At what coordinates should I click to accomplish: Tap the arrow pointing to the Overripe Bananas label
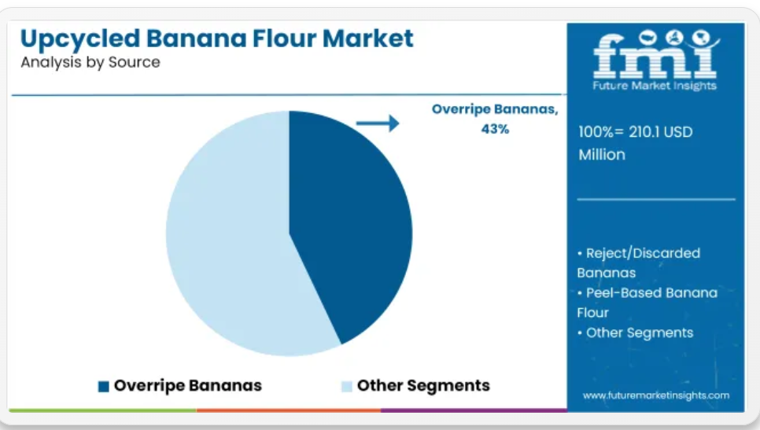pos(378,123)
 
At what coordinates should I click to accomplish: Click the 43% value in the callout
pos(495,129)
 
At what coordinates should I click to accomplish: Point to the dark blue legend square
pos(103,386)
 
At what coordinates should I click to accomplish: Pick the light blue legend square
pos(346,386)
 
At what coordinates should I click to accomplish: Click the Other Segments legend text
pos(423,385)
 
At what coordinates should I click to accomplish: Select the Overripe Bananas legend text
pos(187,386)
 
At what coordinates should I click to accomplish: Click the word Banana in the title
pos(196,39)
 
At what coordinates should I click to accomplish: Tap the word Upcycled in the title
pos(80,39)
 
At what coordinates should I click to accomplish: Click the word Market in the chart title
pos(368,39)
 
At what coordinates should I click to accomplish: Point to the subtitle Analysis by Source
pos(90,62)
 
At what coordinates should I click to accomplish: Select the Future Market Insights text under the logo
pos(655,86)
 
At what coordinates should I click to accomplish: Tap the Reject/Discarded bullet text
pos(638,263)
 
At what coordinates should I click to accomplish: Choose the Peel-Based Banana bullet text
pos(647,303)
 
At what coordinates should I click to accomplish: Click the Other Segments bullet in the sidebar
pos(636,333)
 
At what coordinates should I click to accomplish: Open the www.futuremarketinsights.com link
pos(656,395)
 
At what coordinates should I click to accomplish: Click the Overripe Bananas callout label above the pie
pos(495,109)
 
